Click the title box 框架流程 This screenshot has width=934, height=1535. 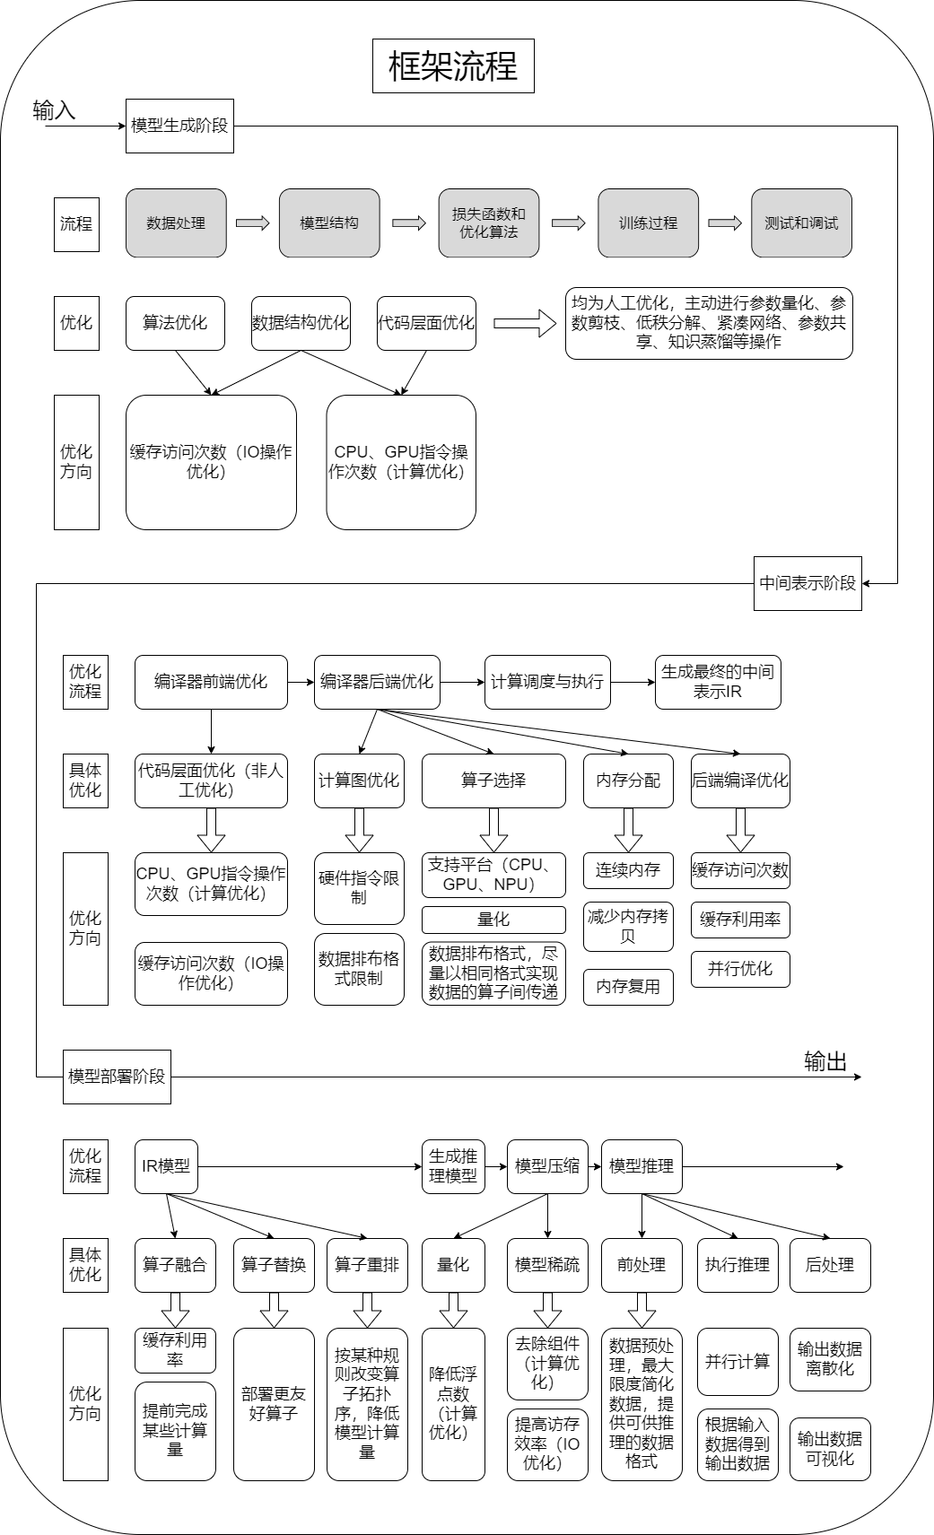[x=453, y=65]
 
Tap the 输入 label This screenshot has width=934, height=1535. [x=54, y=110]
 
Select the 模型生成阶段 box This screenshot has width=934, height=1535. [x=179, y=126]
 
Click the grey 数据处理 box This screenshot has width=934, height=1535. [x=176, y=223]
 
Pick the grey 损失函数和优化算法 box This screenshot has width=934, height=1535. [x=488, y=223]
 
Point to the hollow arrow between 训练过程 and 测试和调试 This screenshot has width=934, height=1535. [x=725, y=223]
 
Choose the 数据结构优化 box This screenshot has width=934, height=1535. [x=301, y=323]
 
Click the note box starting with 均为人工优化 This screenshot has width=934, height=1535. [x=709, y=323]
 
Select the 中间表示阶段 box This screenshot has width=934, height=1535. [x=807, y=583]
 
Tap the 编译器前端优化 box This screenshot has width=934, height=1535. [x=211, y=682]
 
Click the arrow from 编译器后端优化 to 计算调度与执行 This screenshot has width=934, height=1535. [x=462, y=682]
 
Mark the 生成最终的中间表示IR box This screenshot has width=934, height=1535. [x=718, y=682]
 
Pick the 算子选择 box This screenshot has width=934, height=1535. [x=493, y=781]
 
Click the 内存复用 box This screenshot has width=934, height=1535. [x=628, y=987]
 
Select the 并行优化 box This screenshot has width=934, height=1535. [x=740, y=969]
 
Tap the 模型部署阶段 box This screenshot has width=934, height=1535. [x=117, y=1077]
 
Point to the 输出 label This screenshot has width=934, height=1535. [x=825, y=1062]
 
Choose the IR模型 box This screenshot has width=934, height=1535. [x=166, y=1166]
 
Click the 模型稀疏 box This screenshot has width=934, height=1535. [x=547, y=1265]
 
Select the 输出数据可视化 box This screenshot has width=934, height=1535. [x=830, y=1449]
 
